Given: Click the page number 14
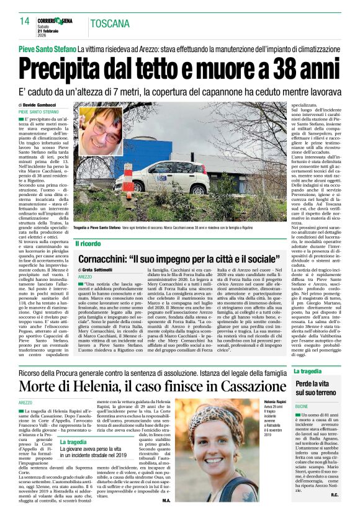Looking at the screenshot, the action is pyautogui.click(x=24, y=22).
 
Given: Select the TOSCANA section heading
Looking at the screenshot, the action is pyautogui.click(x=110, y=24).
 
